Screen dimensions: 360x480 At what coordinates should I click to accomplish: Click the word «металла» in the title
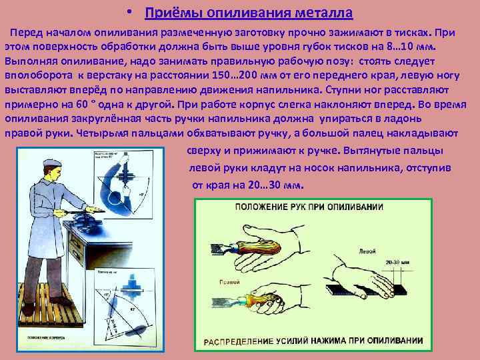tap(319, 13)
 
